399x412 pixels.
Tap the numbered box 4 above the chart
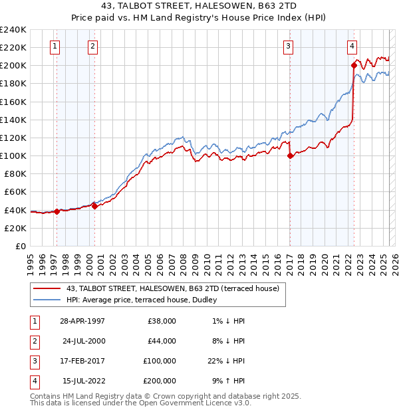351,46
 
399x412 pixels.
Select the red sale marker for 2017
290,156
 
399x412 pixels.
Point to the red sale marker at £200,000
354,65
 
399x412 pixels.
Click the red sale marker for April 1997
57,212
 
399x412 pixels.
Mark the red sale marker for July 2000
94,206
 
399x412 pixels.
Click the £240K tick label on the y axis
13,30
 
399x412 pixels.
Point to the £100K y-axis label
13,155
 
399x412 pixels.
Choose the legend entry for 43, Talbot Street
158,288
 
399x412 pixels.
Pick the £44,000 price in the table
162,341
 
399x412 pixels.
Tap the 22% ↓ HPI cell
225,361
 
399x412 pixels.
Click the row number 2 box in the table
33,341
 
